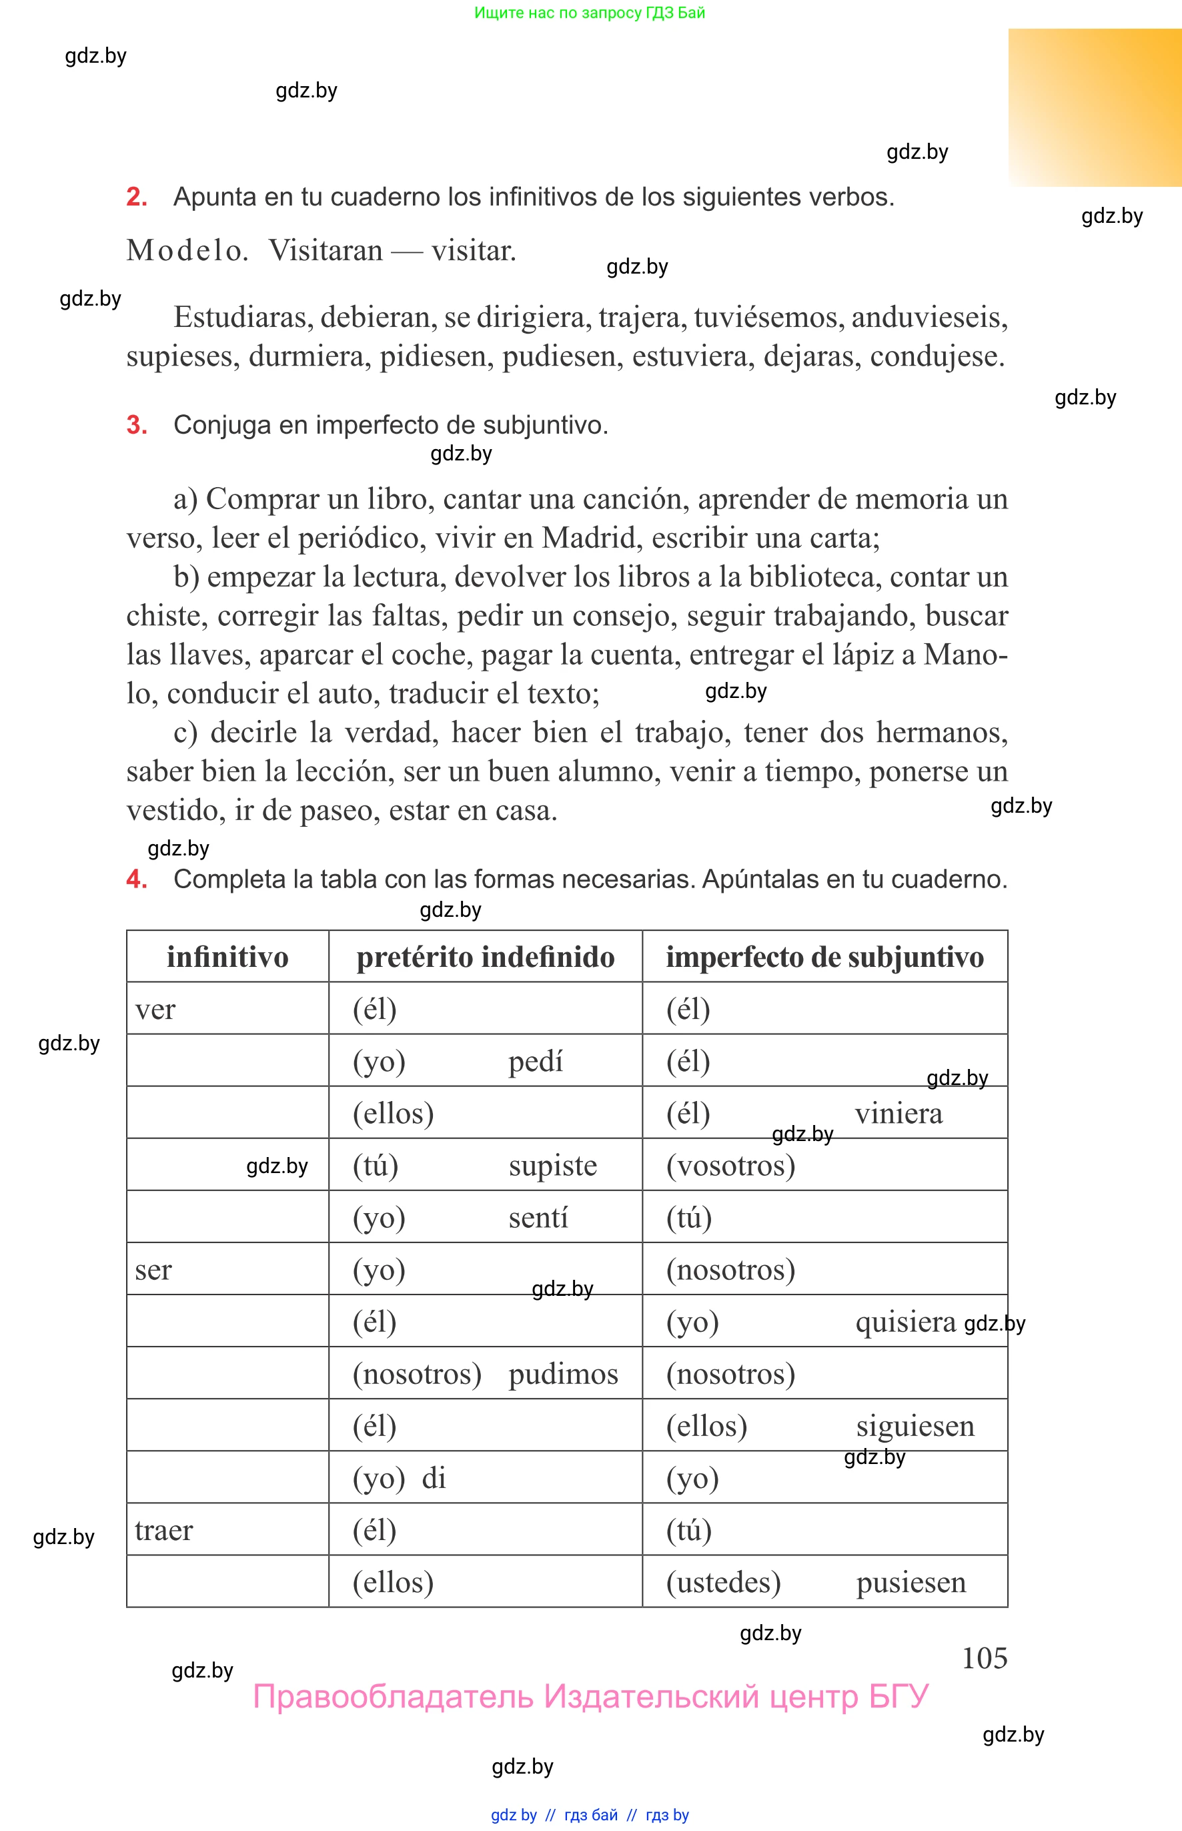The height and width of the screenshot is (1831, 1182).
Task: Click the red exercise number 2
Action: click(136, 198)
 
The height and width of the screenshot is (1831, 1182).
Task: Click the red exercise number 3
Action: click(136, 424)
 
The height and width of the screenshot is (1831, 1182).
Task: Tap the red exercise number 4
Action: click(136, 878)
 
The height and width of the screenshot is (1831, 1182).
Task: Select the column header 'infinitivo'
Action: click(227, 957)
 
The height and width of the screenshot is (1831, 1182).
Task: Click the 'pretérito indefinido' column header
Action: click(485, 957)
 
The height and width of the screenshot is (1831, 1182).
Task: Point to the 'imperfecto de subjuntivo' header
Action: click(824, 957)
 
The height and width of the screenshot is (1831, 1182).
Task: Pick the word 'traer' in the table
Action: click(163, 1529)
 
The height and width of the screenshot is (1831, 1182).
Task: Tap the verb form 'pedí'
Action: click(535, 1061)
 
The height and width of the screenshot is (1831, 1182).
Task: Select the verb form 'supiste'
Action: click(552, 1165)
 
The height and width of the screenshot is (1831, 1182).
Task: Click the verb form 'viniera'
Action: click(898, 1113)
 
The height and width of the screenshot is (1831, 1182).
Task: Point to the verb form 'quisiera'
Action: click(906, 1321)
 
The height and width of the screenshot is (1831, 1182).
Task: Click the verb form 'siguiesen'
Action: click(915, 1426)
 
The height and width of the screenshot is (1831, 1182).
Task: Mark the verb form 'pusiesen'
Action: click(911, 1581)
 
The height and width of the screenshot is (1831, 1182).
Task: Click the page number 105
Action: click(984, 1658)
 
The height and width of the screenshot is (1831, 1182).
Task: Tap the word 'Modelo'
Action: click(187, 251)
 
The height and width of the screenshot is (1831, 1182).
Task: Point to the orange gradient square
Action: click(1095, 107)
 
